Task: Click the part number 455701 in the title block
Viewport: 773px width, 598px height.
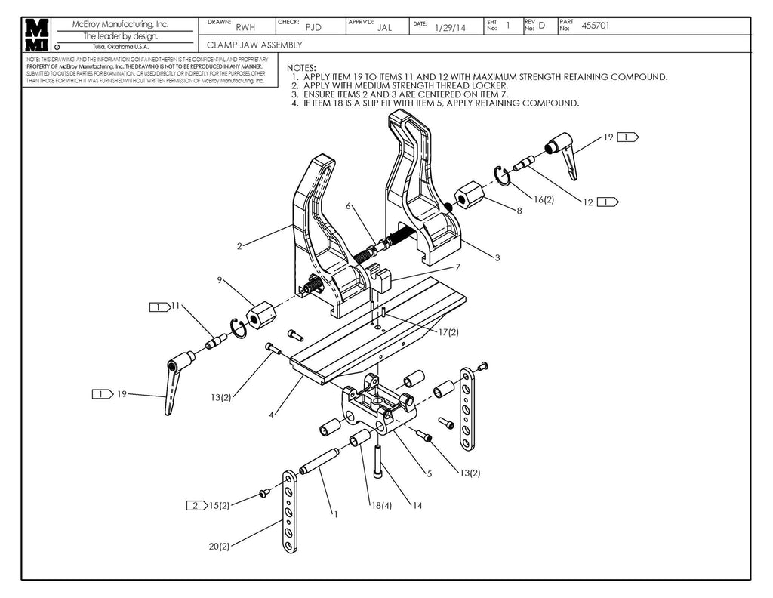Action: [x=596, y=26]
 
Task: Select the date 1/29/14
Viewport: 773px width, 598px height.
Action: [x=450, y=28]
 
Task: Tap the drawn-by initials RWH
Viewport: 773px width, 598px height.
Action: [x=245, y=28]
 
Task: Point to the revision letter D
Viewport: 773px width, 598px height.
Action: [x=541, y=26]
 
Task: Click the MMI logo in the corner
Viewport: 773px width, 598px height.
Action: [x=37, y=35]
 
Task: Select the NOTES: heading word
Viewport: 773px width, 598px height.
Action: [x=301, y=68]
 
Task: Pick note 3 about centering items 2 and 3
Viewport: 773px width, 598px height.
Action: [x=404, y=94]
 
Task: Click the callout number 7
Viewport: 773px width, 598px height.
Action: [x=457, y=267]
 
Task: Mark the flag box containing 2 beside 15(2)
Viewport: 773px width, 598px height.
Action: [x=195, y=504]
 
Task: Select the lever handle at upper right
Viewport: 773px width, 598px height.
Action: [x=562, y=151]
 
